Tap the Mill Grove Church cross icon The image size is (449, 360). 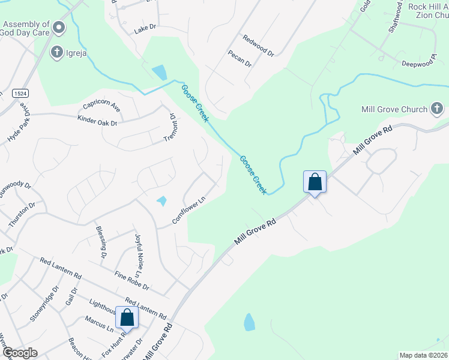point(437,109)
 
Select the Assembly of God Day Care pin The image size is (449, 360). point(58,27)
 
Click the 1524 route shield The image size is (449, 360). point(20,93)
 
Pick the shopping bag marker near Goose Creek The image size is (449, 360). point(315,182)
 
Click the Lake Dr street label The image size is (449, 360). point(145,28)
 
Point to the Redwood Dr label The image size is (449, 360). point(258,46)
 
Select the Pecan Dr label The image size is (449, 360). point(239,60)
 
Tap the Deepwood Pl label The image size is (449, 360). point(418,63)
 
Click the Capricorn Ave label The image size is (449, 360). point(102,106)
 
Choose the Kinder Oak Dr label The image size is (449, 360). point(97,121)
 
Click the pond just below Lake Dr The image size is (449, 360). point(160,73)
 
